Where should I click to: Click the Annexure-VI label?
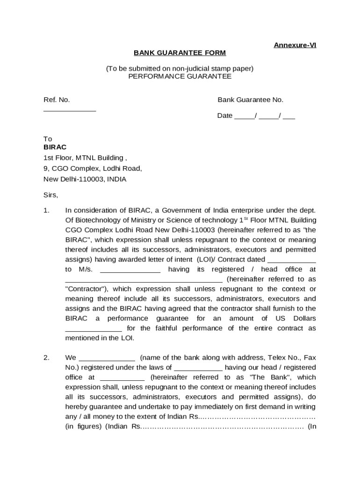pyautogui.click(x=295, y=45)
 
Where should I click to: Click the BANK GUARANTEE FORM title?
pyautogui.click(x=180, y=53)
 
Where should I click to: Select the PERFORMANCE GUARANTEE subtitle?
pyautogui.click(x=180, y=76)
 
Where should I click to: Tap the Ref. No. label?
pyautogui.click(x=57, y=100)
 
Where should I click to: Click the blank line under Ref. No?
pyautogui.click(x=70, y=110)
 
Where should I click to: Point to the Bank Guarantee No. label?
pyautogui.click(x=250, y=100)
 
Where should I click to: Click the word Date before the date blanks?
pyautogui.click(x=225, y=116)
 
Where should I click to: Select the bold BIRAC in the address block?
pyautogui.click(x=55, y=147)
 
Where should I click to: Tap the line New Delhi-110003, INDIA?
pyautogui.click(x=85, y=179)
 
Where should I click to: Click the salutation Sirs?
pyautogui.click(x=50, y=195)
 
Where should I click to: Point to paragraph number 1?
pyautogui.click(x=46, y=210)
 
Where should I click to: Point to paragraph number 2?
pyautogui.click(x=46, y=358)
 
